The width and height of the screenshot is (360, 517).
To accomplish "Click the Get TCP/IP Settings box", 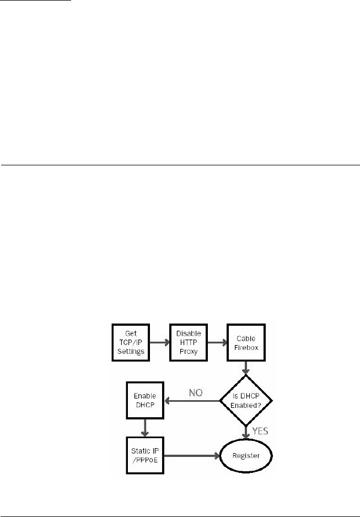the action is click(131, 342).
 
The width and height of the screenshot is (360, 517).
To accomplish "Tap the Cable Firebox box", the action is click(243, 342).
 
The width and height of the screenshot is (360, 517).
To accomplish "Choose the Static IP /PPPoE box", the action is click(145, 456).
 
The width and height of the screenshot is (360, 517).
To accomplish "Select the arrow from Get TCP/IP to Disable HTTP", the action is click(159, 342).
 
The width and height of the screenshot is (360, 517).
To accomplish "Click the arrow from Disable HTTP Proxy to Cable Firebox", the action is click(215, 342).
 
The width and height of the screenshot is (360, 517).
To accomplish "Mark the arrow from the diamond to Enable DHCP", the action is click(190, 401).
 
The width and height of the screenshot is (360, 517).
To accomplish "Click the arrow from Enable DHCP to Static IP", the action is click(145, 428).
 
